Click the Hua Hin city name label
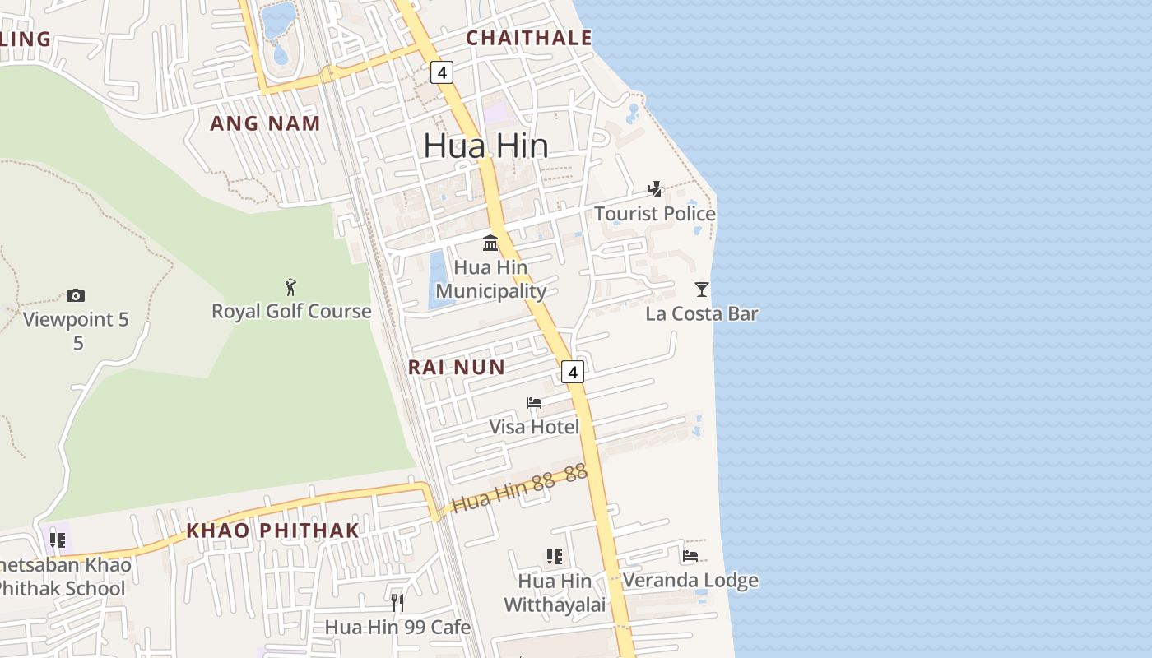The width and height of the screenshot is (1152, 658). pyautogui.click(x=485, y=146)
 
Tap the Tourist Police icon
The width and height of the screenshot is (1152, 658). pyautogui.click(x=655, y=189)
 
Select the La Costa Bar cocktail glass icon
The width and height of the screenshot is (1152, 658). pyautogui.click(x=702, y=289)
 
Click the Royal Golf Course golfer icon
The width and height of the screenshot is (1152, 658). pyautogui.click(x=290, y=287)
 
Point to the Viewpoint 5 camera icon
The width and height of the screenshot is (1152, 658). pyautogui.click(x=76, y=295)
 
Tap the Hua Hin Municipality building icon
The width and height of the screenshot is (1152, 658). pyautogui.click(x=490, y=243)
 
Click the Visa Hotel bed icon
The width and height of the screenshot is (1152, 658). pyautogui.click(x=534, y=403)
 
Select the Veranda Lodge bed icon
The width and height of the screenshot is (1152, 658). pyautogui.click(x=690, y=557)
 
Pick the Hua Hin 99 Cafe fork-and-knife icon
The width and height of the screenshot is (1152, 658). pyautogui.click(x=397, y=603)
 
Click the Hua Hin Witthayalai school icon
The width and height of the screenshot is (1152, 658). pyautogui.click(x=555, y=557)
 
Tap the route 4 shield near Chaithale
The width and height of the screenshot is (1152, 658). pyautogui.click(x=442, y=72)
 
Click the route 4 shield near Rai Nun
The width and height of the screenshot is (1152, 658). pyautogui.click(x=573, y=372)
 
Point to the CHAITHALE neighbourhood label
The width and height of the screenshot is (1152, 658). pyautogui.click(x=528, y=38)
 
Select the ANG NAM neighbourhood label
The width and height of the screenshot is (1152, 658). pyautogui.click(x=265, y=123)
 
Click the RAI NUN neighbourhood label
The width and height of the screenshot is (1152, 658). pyautogui.click(x=457, y=367)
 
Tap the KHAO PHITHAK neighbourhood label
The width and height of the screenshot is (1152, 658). pyautogui.click(x=272, y=531)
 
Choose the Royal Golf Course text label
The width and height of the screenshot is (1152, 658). pyautogui.click(x=291, y=311)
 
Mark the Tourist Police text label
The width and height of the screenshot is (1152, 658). pyautogui.click(x=655, y=214)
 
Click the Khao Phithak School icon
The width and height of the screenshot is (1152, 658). pyautogui.click(x=58, y=540)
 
